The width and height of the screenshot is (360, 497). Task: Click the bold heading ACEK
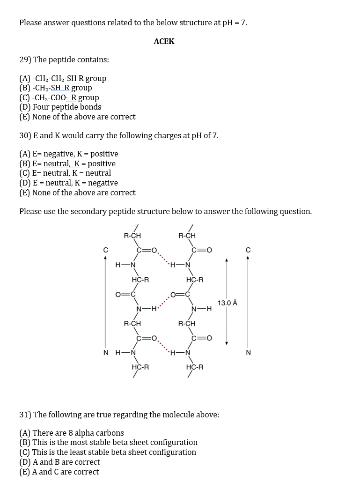[164, 41]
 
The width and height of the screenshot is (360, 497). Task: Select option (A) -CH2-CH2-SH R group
[63, 78]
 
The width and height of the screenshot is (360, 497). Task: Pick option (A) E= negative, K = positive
[68, 154]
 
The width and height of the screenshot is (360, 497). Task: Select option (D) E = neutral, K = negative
[68, 183]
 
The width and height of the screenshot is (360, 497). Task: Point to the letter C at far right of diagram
[248, 249]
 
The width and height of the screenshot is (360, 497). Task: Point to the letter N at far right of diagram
[248, 353]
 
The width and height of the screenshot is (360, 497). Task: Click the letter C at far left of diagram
[106, 249]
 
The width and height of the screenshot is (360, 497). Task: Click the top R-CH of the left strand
[132, 236]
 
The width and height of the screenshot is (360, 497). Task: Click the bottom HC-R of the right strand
[195, 367]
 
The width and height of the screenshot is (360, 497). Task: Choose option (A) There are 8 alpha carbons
[71, 433]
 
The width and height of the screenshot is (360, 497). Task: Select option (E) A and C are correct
[59, 472]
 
